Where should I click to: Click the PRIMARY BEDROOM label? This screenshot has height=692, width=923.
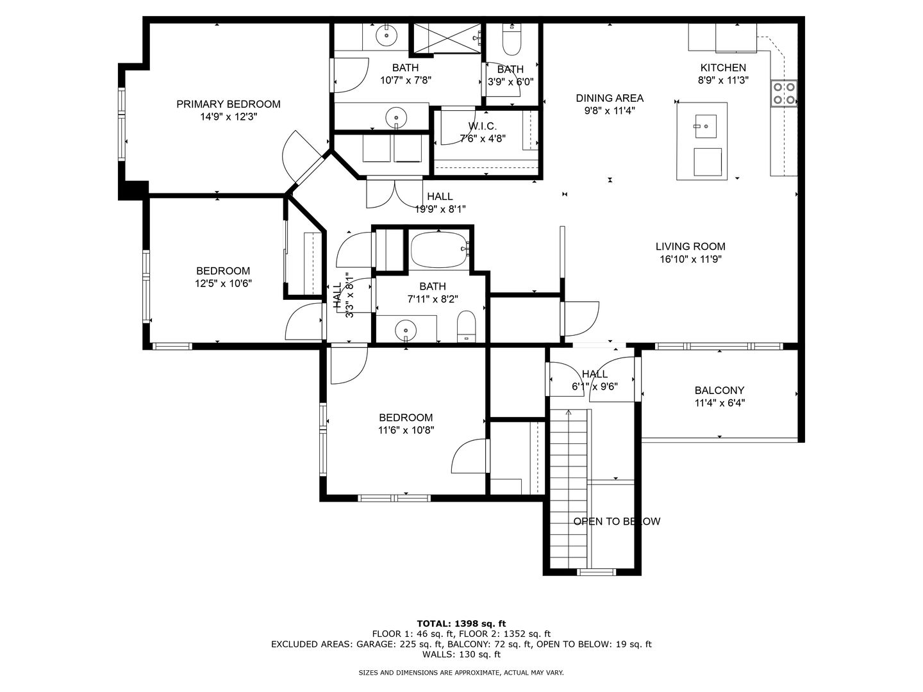coord(228,104)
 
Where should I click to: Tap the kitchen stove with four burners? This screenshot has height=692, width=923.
coord(784,94)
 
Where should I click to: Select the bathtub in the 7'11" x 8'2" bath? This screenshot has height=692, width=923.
coord(440,251)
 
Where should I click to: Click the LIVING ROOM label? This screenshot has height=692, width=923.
coord(690,246)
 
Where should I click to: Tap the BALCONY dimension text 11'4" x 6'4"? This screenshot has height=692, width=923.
coord(719,403)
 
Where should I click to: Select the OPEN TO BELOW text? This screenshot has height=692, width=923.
coord(617,522)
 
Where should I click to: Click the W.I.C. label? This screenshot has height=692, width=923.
coord(482,126)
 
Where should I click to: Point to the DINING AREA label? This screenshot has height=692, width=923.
coord(610,98)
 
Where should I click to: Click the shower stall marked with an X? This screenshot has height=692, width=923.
coord(447,38)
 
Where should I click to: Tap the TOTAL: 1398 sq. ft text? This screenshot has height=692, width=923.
coord(462,623)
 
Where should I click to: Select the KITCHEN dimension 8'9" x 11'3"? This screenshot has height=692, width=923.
coord(723,80)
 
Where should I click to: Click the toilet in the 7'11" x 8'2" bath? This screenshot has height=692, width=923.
coord(466,327)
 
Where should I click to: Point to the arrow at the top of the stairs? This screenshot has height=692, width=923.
coord(569,412)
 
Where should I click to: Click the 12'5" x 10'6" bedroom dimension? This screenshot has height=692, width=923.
coord(223,283)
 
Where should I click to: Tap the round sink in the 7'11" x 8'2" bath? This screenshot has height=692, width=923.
coord(406,329)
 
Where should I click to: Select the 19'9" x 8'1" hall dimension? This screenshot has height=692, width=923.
coord(440,209)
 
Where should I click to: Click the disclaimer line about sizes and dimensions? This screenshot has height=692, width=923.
coord(461,673)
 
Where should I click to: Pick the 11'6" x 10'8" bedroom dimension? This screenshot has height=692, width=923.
coord(406,430)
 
